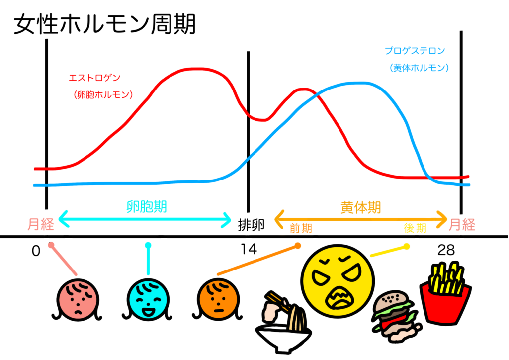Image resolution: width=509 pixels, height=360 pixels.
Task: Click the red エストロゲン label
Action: coord(94,78)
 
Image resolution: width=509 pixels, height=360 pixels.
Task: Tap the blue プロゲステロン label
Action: coord(415,51)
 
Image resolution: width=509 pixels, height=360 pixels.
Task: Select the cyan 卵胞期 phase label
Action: coord(146,206)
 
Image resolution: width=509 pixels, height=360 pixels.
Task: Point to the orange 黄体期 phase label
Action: coord(361,207)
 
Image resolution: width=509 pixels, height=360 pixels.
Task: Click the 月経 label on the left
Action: coord(41,225)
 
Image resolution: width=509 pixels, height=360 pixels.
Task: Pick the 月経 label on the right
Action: coord(462,225)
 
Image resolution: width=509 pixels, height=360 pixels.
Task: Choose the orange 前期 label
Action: coord(301,228)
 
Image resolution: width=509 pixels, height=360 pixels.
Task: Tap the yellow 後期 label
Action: coord(415,228)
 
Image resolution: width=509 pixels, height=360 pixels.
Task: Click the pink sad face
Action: coord(78,300)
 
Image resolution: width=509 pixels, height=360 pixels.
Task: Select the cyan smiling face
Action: coord(148,300)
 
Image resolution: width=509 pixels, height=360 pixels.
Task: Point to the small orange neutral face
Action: coord(218,300)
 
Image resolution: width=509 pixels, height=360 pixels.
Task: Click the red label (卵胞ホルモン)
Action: coord(103,95)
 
